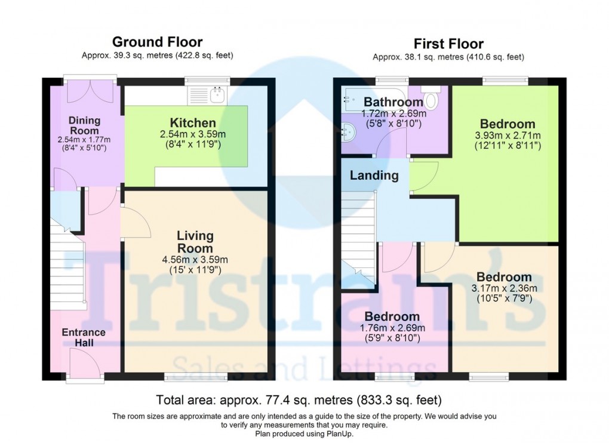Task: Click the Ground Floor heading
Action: click(x=157, y=42)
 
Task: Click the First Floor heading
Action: click(x=448, y=44)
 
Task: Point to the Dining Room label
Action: click(x=84, y=125)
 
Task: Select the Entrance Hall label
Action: click(x=84, y=337)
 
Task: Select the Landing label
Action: click(x=374, y=176)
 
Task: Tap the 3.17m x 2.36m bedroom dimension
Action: click(x=504, y=288)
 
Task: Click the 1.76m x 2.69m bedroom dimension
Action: click(x=392, y=328)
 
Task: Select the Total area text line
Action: click(x=299, y=399)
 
